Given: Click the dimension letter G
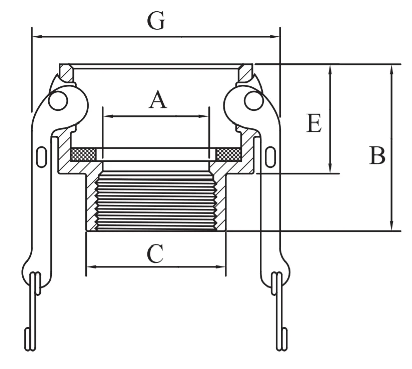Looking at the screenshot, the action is tap(156, 20).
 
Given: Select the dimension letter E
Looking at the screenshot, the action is tap(314, 122).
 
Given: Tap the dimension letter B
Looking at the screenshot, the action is tap(377, 155).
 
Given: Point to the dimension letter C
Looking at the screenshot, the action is tap(155, 254).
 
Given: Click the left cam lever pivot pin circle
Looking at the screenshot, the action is tap(58, 101).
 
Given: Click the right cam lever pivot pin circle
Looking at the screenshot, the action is tap(254, 101).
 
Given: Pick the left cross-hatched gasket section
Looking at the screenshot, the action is tap(83, 154).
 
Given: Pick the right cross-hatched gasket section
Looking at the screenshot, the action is tap(228, 154).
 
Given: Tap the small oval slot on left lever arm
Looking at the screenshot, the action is tap(41, 157).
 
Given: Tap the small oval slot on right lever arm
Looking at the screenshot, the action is tap(270, 157).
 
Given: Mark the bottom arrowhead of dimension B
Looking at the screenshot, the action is tap(391, 226).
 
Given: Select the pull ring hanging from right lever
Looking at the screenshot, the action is tap(280, 311).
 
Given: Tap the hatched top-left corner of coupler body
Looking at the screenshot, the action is tap(66, 72).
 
